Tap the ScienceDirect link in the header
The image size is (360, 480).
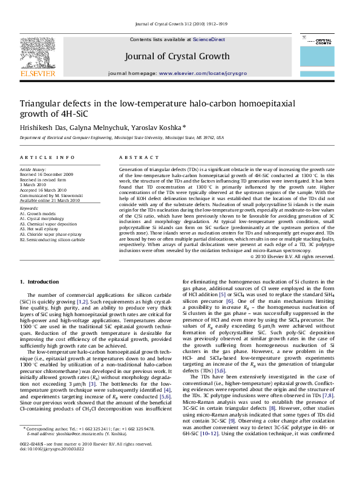209,39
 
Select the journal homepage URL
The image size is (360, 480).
201,73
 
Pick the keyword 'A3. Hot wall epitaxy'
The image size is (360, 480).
44,229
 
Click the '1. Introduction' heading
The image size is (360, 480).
39,282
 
